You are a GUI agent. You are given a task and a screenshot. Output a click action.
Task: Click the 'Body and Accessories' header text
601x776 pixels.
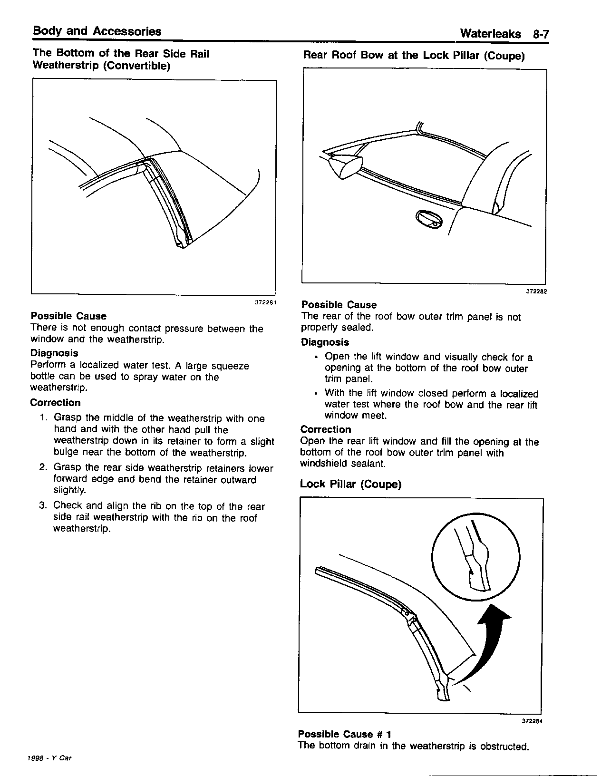[97, 32]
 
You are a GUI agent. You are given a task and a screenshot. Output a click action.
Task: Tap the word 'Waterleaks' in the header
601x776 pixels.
[491, 34]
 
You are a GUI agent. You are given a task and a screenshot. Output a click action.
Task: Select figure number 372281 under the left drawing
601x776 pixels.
[266, 302]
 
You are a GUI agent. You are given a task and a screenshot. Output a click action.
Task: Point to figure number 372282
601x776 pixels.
[536, 292]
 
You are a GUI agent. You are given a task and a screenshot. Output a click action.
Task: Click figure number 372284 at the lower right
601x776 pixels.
[532, 721]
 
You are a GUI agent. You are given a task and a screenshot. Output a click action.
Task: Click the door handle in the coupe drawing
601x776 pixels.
[428, 219]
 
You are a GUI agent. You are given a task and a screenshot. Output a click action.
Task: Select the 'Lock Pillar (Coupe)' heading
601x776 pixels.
[350, 485]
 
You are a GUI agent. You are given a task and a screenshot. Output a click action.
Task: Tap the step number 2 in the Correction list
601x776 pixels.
[43, 468]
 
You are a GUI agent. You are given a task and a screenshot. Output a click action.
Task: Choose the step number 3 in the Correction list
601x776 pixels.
[43, 505]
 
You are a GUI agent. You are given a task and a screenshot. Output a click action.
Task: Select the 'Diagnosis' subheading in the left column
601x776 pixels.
[54, 353]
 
